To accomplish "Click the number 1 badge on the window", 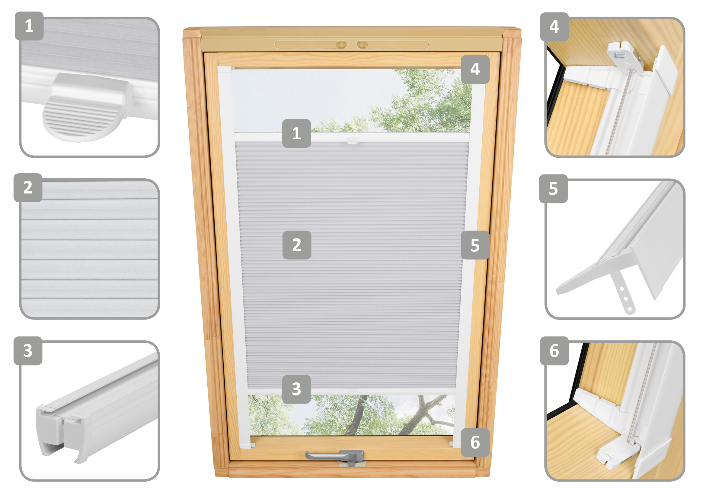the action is point(296,133).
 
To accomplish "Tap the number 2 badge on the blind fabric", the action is point(297,245).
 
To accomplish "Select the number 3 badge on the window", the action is point(296,389).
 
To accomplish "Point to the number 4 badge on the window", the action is point(475,69).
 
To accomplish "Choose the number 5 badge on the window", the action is point(475,245).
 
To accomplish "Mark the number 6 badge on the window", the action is point(475,442).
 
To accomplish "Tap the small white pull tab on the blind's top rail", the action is point(352,141).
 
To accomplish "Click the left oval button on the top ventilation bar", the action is point(341,45).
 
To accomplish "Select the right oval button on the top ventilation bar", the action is point(362,45).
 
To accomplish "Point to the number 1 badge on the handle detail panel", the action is point(29,26).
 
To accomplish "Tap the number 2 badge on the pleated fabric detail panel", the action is point(28,187).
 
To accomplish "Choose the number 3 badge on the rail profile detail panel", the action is point(28,351).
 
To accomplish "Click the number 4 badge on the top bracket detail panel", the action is point(554,27).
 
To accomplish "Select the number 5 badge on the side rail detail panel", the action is point(553,189).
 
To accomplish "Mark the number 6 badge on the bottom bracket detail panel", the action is point(554,351).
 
